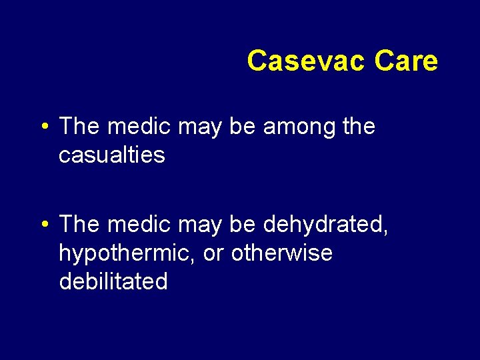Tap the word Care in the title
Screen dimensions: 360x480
(406, 61)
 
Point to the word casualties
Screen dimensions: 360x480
(112, 155)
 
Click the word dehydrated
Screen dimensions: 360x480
(325, 224)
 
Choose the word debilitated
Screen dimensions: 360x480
(113, 281)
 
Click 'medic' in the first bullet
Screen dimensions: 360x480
(133, 126)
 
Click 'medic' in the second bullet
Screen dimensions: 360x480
(133, 224)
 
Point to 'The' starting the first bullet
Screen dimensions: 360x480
(79, 126)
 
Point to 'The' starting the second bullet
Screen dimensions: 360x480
(79, 224)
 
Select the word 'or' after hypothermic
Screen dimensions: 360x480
(214, 253)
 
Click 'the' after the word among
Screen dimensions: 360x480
(357, 126)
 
